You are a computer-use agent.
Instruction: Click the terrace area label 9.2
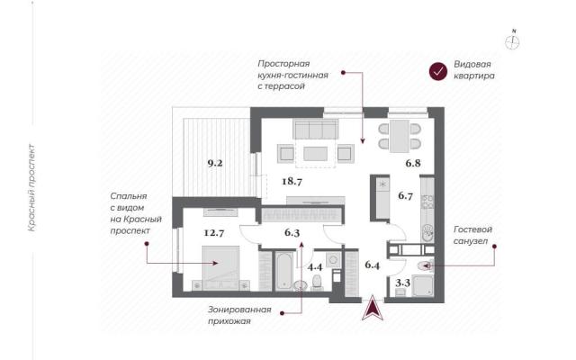coord(215,163)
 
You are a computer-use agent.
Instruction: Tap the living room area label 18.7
coord(292,181)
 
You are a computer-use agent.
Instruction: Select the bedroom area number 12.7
coord(214,232)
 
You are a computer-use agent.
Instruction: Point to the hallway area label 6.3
coord(292,232)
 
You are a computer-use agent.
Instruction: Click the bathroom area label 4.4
coord(315,266)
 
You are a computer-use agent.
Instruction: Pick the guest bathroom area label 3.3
coord(402,283)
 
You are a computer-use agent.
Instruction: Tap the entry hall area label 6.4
coord(372,265)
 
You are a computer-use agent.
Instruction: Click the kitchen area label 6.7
coord(405,196)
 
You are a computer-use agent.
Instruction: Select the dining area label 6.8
coord(413,163)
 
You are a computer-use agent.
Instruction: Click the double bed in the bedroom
coord(220,267)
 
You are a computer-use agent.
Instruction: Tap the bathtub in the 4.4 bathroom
coord(283,271)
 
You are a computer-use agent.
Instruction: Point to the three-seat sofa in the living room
coord(316,129)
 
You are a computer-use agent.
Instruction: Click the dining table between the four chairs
coord(400,136)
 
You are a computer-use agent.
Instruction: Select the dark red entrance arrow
coord(373,308)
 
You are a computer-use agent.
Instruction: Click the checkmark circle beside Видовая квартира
coord(438,72)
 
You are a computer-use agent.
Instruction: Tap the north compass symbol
coord(512,41)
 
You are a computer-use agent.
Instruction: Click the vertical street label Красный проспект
coord(32,188)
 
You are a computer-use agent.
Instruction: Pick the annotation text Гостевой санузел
coord(472,235)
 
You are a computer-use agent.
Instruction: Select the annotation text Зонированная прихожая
coord(239,315)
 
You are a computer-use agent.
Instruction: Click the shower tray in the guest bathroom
coord(422,285)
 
